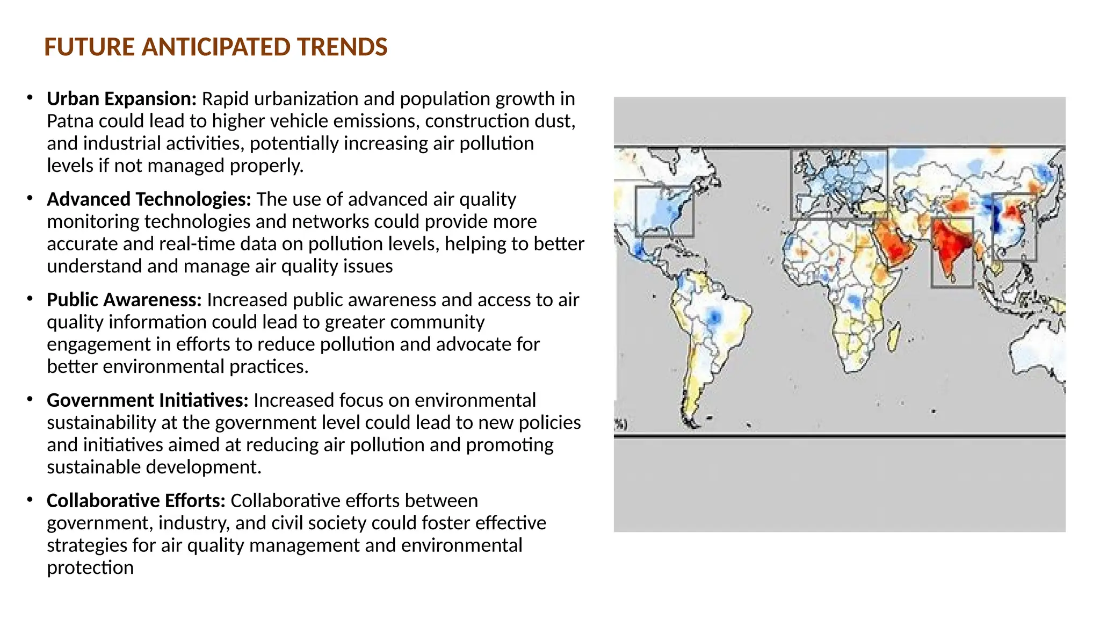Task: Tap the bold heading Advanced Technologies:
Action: (x=149, y=199)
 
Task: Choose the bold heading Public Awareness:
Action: (x=124, y=300)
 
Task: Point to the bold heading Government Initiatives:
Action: (x=148, y=400)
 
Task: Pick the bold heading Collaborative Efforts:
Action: (x=136, y=501)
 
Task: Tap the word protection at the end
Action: (x=90, y=568)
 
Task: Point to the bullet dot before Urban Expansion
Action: (x=30, y=98)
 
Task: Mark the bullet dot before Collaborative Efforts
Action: (x=30, y=500)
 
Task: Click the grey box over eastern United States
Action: (x=664, y=212)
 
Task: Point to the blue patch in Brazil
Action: (x=714, y=317)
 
